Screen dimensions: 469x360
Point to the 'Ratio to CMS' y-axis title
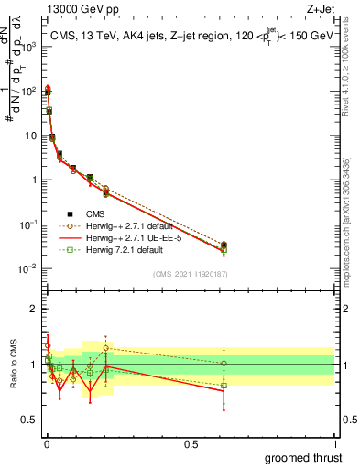tap(12, 365)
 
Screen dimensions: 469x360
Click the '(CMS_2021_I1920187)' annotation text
tap(190, 274)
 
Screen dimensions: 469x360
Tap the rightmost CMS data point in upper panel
tap(224, 245)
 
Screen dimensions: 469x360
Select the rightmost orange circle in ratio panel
tap(224, 364)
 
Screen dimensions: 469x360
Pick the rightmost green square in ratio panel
tap(224, 386)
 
